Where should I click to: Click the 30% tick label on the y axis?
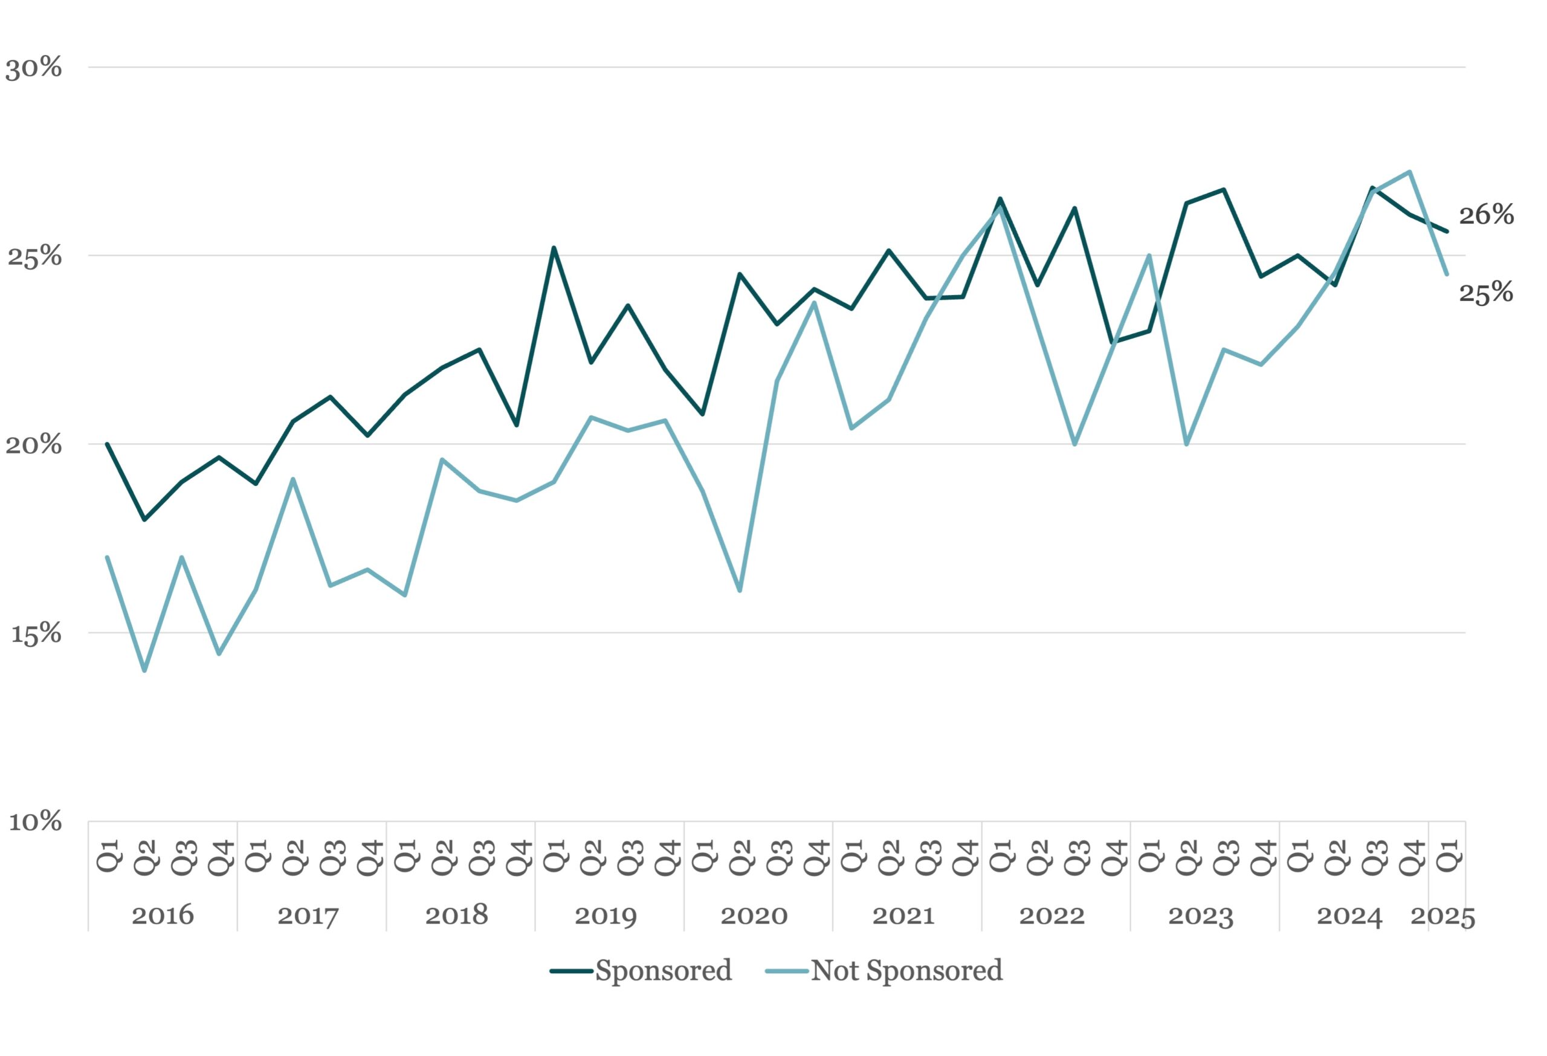(33, 68)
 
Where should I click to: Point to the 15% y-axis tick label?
(36, 634)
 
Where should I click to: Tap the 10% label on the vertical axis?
(34, 822)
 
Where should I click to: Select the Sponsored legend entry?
(641, 971)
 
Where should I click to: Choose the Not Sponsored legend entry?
(884, 971)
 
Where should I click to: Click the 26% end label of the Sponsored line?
(1487, 215)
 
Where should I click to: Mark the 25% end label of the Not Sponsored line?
(1487, 293)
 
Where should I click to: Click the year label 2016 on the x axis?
(163, 916)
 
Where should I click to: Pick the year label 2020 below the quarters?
(754, 916)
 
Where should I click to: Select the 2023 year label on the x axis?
(1201, 916)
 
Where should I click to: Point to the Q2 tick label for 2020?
(740, 857)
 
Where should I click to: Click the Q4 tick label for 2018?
(517, 857)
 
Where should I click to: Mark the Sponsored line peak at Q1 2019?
(554, 248)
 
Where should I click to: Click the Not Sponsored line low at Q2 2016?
(144, 670)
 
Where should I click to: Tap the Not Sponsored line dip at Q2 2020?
(740, 591)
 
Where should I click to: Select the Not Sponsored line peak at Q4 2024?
(1410, 172)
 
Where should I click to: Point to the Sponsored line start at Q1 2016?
(107, 444)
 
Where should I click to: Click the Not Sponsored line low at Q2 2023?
(1186, 444)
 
